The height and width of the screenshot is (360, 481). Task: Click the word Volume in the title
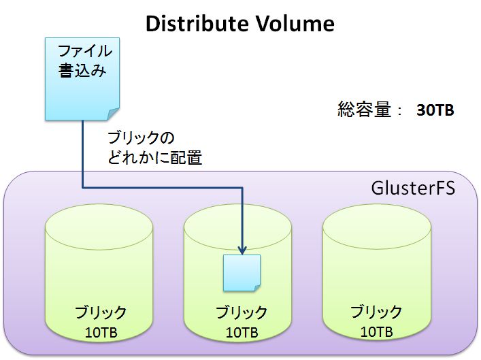click(295, 24)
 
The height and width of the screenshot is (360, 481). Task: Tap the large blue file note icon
click(82, 79)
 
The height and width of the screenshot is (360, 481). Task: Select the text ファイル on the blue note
click(84, 51)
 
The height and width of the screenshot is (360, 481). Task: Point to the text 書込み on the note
click(82, 71)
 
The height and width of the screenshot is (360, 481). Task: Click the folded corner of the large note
click(114, 114)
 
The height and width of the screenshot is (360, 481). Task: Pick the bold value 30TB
click(435, 110)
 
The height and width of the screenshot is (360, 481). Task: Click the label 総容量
click(365, 110)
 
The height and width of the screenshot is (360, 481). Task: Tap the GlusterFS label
click(413, 188)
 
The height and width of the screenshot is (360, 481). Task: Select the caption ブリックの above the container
click(141, 137)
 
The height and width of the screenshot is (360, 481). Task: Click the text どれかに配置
click(154, 157)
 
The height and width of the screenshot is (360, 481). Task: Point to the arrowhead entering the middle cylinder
click(242, 250)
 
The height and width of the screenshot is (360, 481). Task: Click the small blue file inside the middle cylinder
click(242, 273)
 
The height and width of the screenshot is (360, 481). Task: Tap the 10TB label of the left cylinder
click(101, 333)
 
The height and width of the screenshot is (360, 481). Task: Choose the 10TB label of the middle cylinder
click(242, 333)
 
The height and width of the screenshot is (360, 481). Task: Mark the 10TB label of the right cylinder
click(376, 332)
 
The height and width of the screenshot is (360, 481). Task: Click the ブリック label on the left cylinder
click(101, 312)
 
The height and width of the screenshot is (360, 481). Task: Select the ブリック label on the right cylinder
click(376, 312)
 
